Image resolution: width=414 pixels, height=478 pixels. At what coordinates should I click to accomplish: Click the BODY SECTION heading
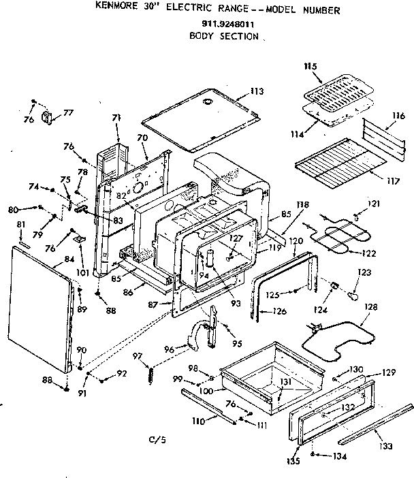[x=224, y=35]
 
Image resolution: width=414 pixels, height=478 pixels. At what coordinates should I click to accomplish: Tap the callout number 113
[x=257, y=91]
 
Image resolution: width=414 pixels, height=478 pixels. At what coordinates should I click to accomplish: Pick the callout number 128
[x=370, y=307]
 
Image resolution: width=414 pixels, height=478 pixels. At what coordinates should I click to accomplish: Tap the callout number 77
[x=67, y=114]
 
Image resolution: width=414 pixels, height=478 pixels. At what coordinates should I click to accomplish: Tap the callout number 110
[x=198, y=421]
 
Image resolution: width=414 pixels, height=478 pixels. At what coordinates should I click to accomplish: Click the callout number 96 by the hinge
[x=169, y=349]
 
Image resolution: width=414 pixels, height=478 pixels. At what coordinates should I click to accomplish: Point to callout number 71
[x=116, y=117]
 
